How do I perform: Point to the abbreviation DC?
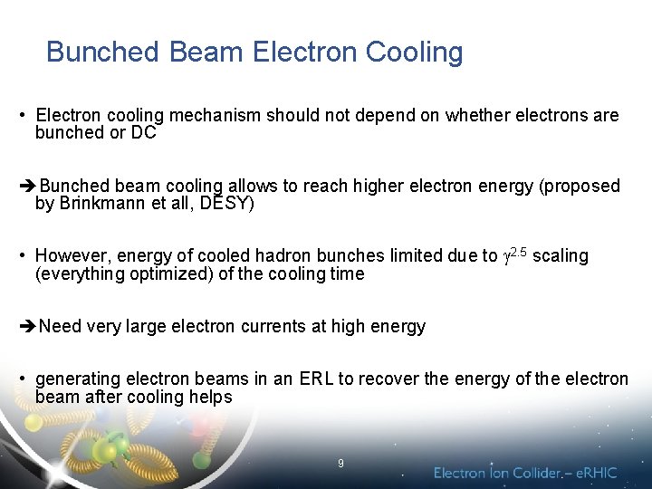pos(144,133)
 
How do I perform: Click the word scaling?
pos(561,256)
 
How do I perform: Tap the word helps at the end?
pos(211,398)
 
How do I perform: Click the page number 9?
pos(340,463)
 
